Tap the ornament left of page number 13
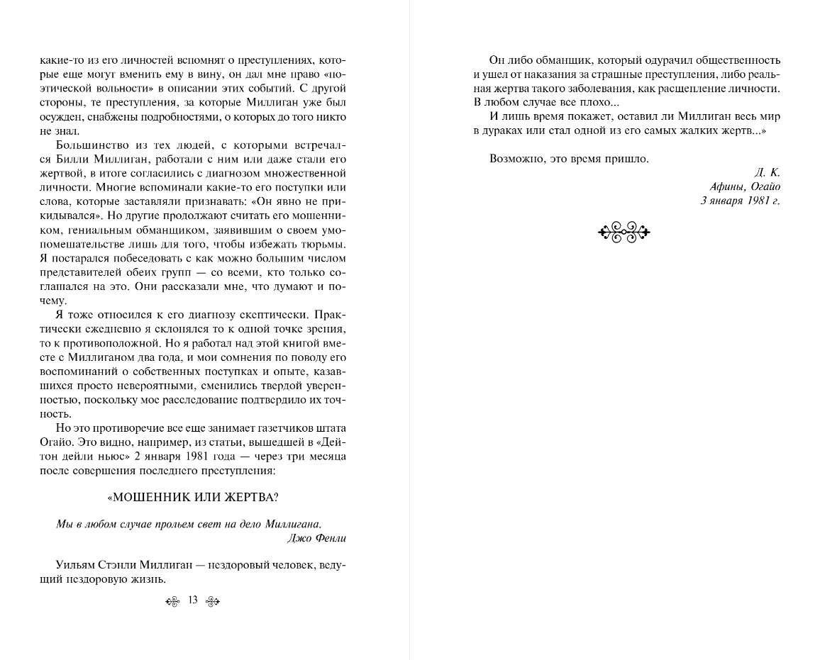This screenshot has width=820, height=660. [173, 602]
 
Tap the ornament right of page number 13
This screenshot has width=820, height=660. [213, 602]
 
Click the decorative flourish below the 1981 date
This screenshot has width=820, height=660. [624, 231]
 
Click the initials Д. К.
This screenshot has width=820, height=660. [770, 173]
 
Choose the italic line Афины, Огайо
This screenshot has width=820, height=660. [744, 186]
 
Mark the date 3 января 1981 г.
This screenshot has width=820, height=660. [740, 201]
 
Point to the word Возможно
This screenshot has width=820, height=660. [515, 159]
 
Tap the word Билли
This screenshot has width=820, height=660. [55, 160]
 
